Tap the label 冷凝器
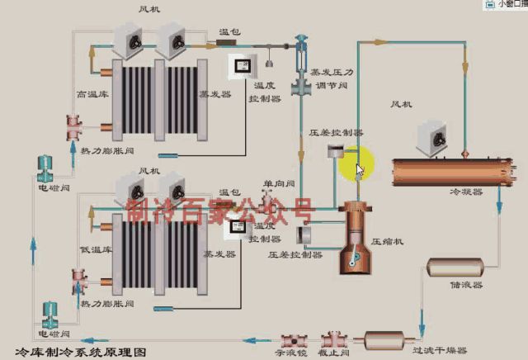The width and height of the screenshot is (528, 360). click(464, 191)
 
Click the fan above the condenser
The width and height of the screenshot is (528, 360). click(435, 139)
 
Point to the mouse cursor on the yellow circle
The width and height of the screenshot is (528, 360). click(359, 170)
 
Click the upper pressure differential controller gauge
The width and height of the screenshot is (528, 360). click(335, 151)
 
